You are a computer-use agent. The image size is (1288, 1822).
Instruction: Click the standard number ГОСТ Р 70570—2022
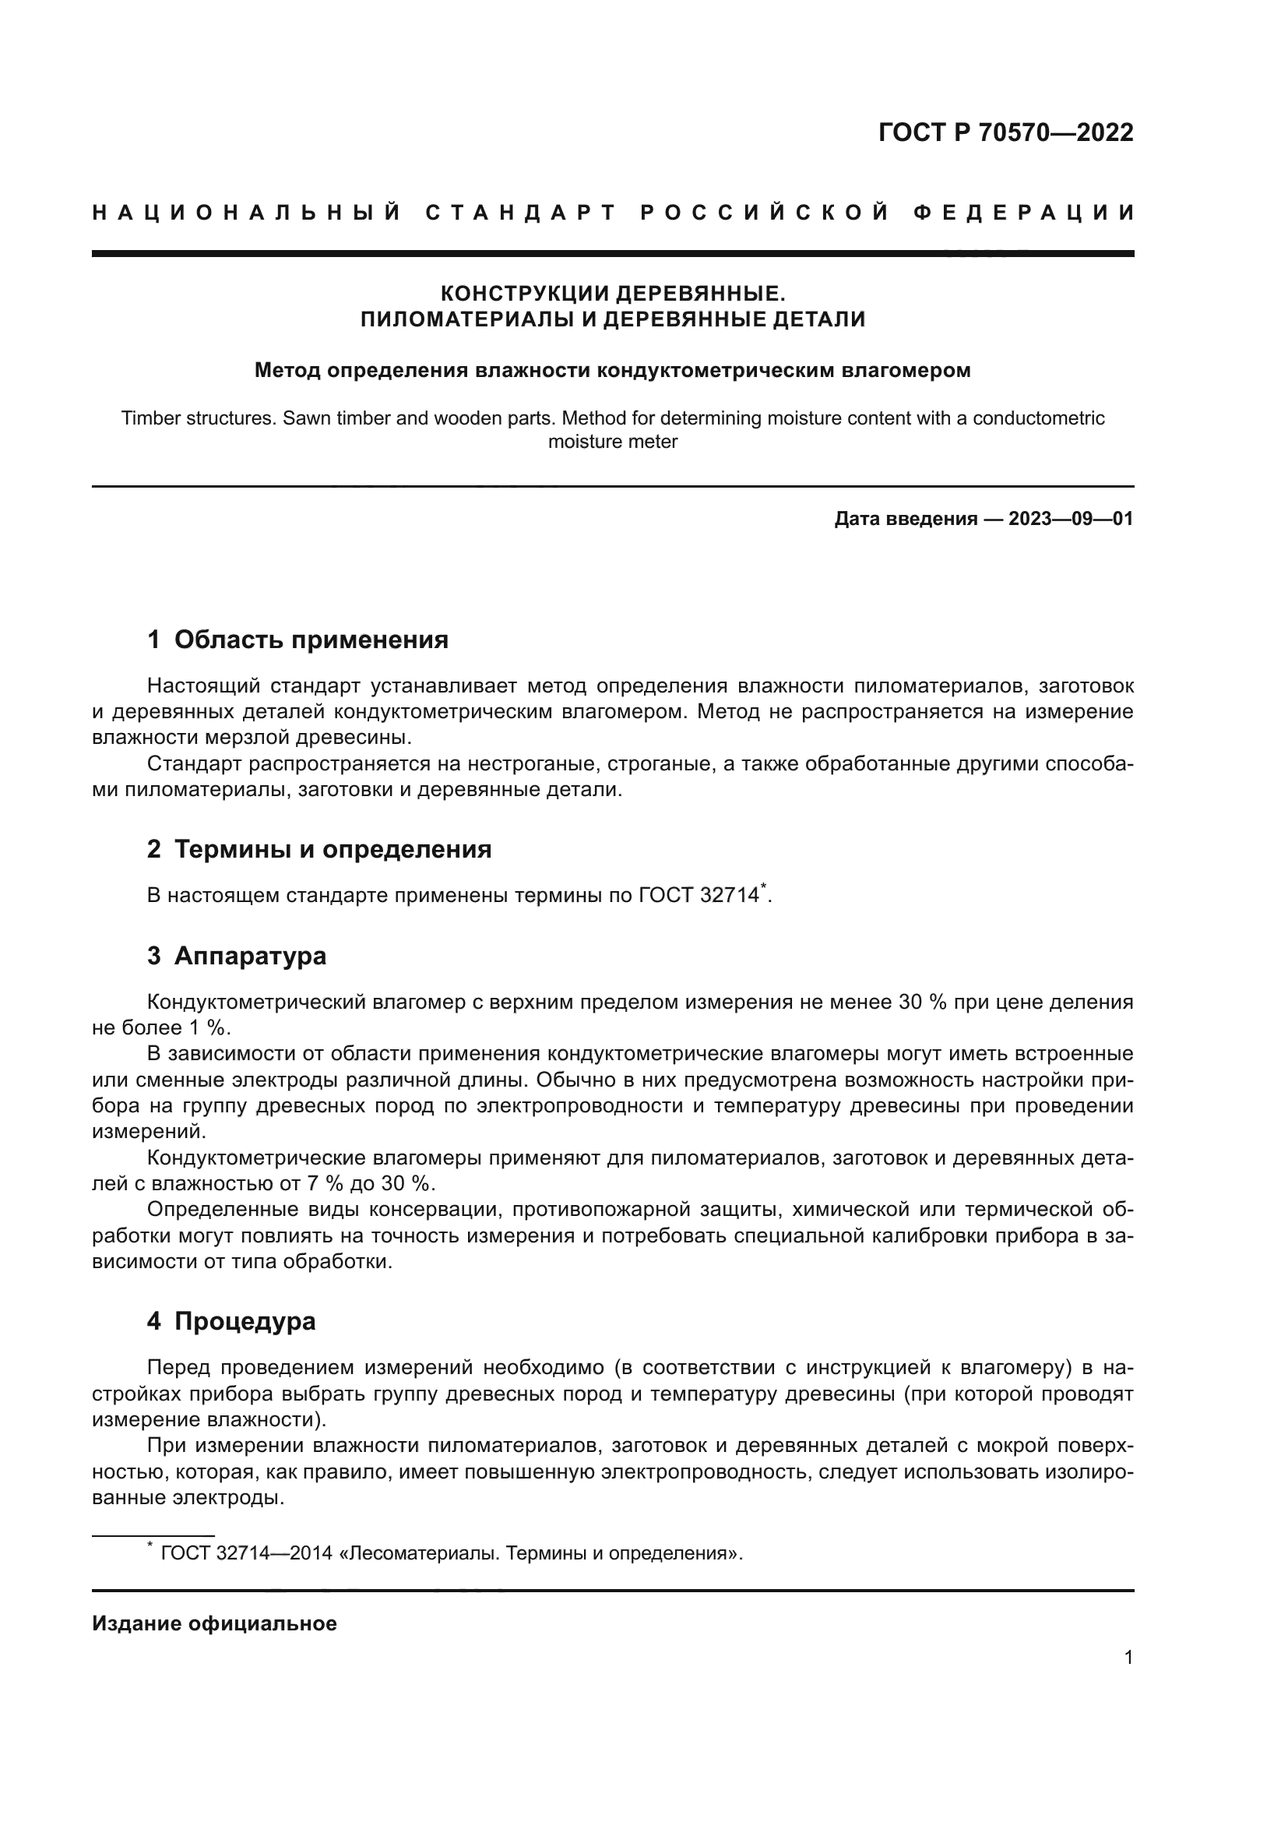point(1005,132)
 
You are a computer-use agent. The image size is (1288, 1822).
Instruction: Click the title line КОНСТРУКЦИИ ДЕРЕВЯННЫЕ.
point(612,294)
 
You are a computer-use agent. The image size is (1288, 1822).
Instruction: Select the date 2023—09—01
point(1070,519)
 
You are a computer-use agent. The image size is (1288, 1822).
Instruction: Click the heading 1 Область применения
point(298,640)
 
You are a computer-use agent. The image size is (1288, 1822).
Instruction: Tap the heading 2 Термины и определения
point(319,849)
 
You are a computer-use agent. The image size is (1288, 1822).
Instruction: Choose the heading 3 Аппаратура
point(238,956)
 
